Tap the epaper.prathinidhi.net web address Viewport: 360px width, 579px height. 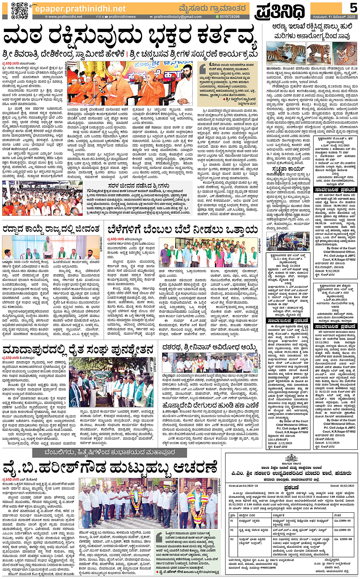(80, 8)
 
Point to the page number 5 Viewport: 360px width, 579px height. (353, 8)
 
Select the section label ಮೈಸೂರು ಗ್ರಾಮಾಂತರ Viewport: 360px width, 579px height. (212, 8)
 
